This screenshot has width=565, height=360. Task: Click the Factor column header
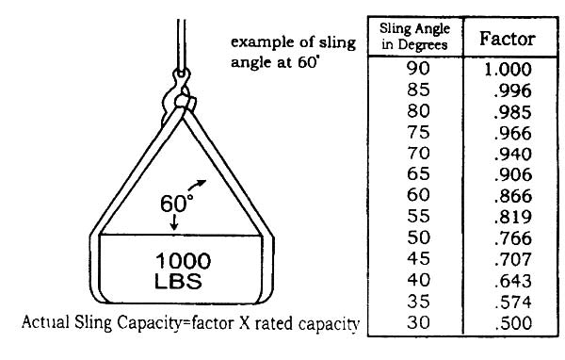[x=508, y=39]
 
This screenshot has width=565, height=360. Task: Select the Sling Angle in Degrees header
[x=414, y=41]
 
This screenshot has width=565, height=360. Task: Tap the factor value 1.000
[x=509, y=70]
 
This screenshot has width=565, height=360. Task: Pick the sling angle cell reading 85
[x=413, y=90]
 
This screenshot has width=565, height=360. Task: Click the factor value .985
[x=514, y=112]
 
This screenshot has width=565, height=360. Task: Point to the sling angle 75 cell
[x=413, y=133]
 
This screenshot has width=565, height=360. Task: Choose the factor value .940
[x=514, y=155]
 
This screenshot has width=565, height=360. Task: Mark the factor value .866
[x=514, y=197]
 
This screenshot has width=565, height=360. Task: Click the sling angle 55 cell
[x=413, y=218]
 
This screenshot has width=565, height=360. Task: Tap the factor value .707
[x=514, y=260]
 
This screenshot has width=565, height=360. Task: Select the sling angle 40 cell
[x=413, y=282]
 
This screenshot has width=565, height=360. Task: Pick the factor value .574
[x=514, y=303]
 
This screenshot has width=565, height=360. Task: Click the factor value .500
[x=514, y=324]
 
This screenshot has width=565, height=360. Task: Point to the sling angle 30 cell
[x=413, y=324]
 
